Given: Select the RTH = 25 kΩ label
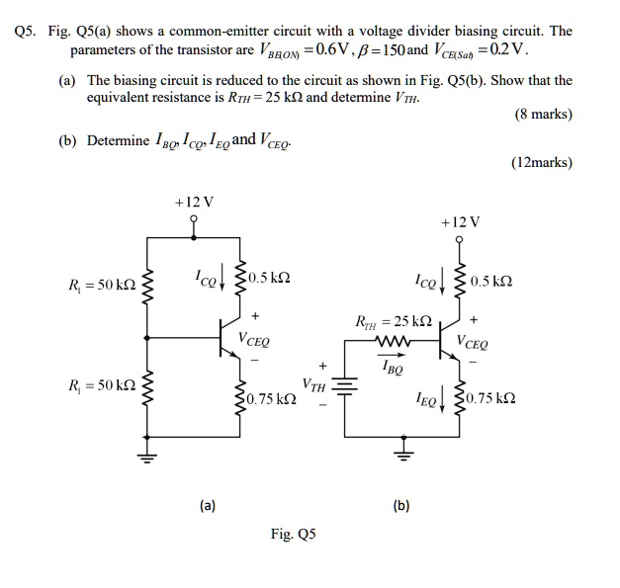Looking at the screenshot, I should coord(393,322).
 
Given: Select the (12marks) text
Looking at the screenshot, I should coord(540,162).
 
